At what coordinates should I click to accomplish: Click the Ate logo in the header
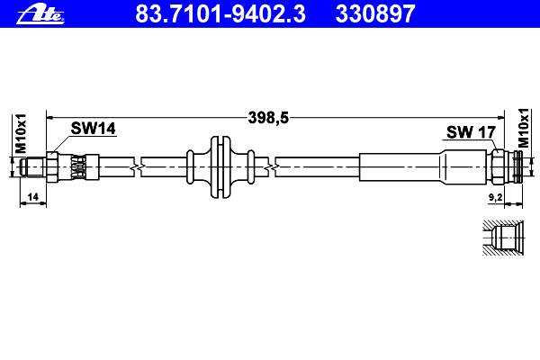click(x=40, y=14)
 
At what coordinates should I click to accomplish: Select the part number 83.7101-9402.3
click(x=220, y=13)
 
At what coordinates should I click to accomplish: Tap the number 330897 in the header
click(x=375, y=13)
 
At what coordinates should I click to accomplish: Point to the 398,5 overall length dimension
click(x=268, y=118)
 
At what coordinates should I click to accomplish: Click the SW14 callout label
click(x=93, y=129)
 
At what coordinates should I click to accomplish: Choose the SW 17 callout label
click(x=471, y=132)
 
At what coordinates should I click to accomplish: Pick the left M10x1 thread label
click(x=21, y=134)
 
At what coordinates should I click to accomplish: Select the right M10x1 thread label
click(x=523, y=128)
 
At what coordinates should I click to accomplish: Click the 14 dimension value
click(x=32, y=197)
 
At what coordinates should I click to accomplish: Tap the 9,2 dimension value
click(x=495, y=197)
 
